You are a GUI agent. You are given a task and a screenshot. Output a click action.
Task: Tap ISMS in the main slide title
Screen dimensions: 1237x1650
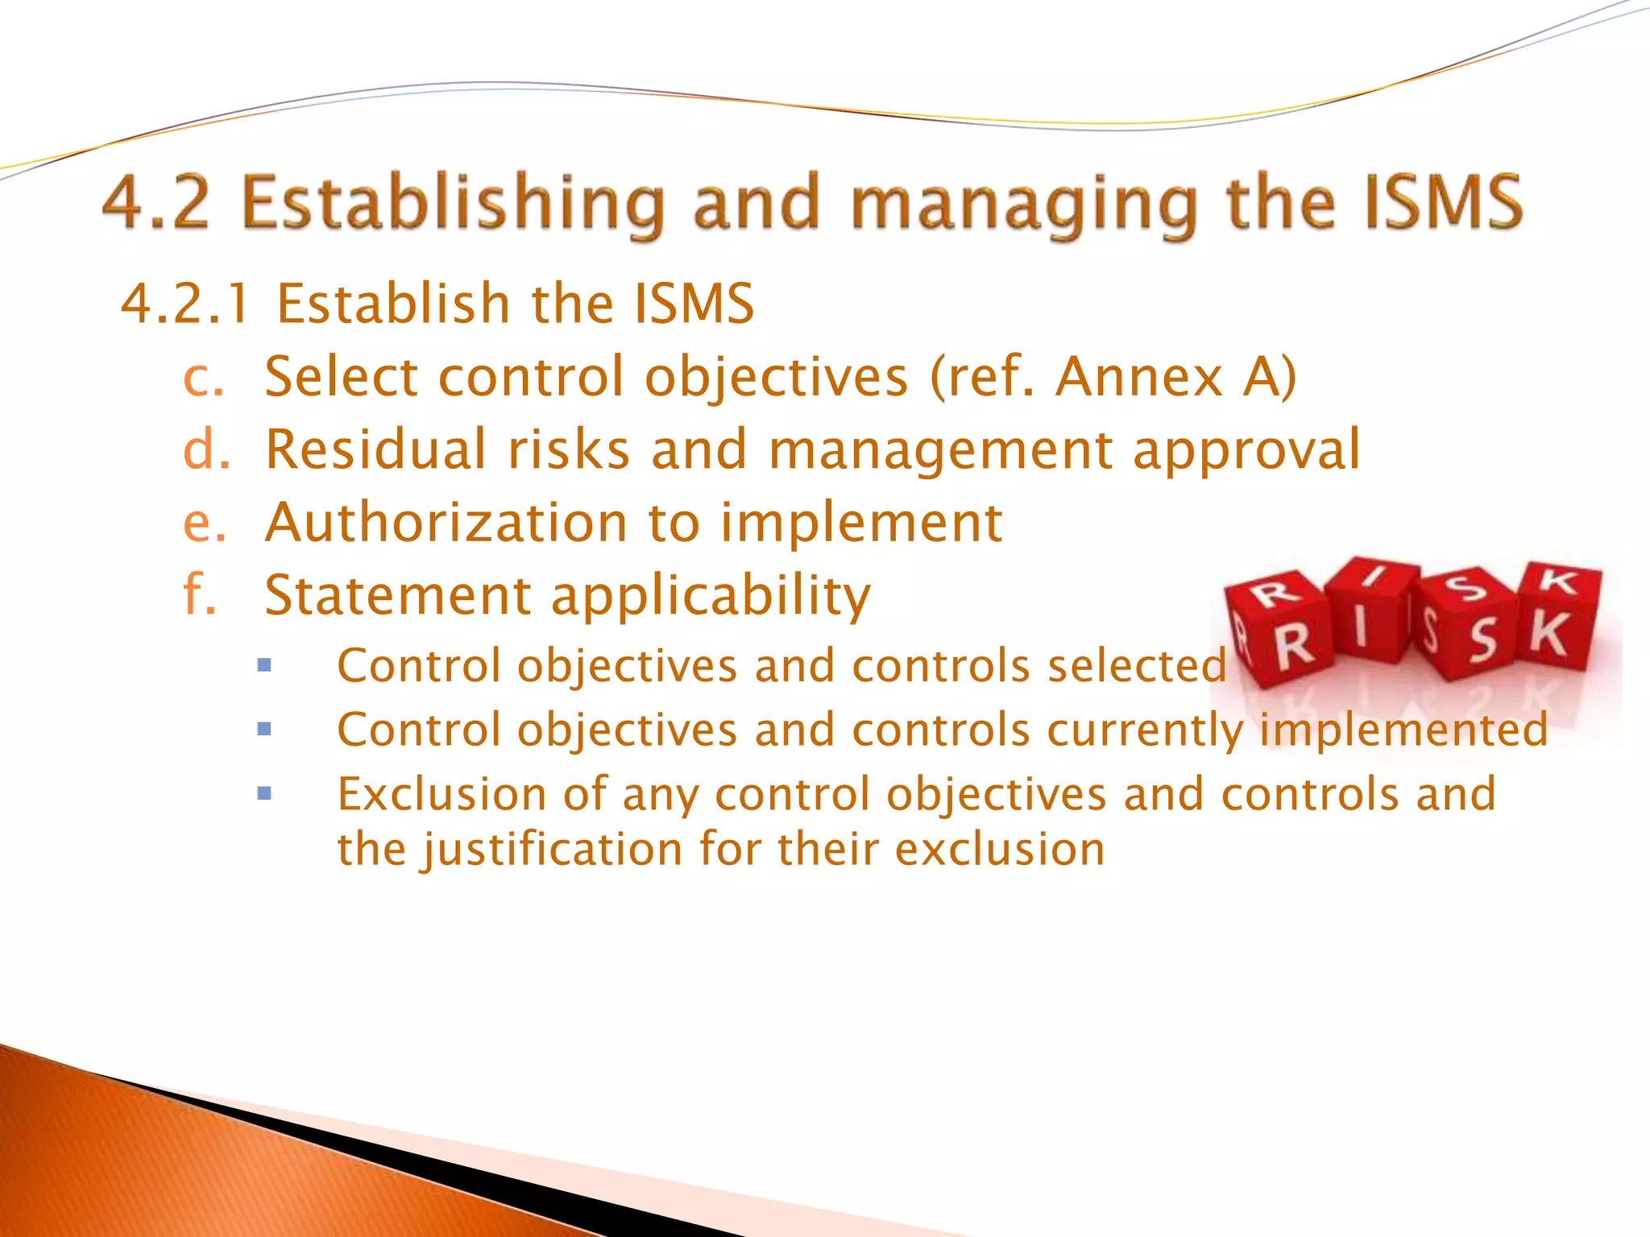(1442, 203)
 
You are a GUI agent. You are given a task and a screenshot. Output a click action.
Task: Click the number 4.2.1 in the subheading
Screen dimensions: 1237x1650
(184, 304)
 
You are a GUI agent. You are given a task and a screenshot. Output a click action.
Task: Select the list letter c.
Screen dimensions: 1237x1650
(202, 378)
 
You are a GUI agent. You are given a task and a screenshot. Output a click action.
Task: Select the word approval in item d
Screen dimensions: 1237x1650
(1246, 451)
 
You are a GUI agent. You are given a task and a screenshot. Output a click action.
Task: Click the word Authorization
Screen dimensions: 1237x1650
(446, 523)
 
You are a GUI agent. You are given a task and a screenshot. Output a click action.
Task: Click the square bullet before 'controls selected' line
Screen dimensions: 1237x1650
(264, 666)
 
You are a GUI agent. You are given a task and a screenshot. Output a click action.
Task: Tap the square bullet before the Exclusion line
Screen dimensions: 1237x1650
(264, 793)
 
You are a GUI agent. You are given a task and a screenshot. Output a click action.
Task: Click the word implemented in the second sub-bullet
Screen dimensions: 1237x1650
(1403, 730)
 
